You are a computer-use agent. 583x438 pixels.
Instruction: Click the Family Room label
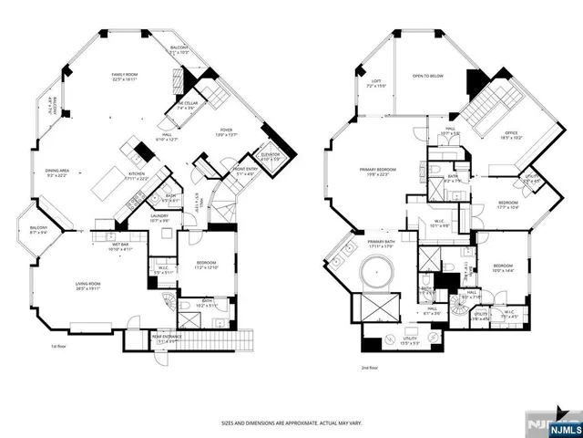[x=124, y=76]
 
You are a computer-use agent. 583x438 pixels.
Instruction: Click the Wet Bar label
[x=121, y=246]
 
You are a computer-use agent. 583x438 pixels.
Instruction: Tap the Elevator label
[x=270, y=156]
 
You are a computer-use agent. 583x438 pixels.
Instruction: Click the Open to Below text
[x=427, y=76]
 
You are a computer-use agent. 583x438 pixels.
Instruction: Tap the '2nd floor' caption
[x=370, y=370]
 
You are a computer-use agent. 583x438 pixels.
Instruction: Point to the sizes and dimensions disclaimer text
[x=291, y=422]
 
